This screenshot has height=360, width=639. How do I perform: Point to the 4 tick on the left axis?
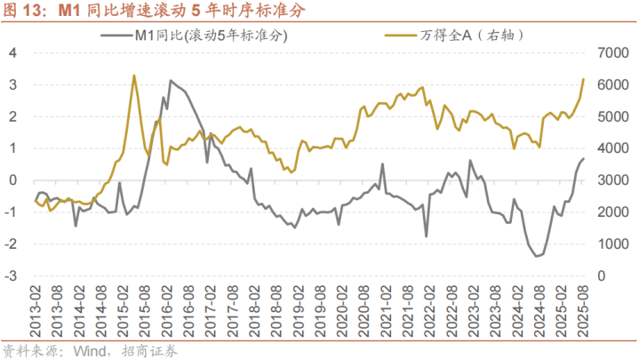[x=12, y=52]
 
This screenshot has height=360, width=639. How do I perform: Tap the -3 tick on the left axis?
[x=11, y=276]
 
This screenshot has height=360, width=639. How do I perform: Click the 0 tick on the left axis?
[x=12, y=180]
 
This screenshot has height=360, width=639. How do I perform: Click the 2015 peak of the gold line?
[x=133, y=76]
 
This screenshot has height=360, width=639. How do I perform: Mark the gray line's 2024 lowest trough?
[x=537, y=256]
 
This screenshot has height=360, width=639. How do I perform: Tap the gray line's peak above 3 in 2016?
[x=171, y=81]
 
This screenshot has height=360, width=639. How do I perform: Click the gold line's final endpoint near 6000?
[x=584, y=79]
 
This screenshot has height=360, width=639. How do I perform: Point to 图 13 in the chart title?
[x=25, y=12]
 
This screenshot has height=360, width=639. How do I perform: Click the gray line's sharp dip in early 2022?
[x=426, y=236]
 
